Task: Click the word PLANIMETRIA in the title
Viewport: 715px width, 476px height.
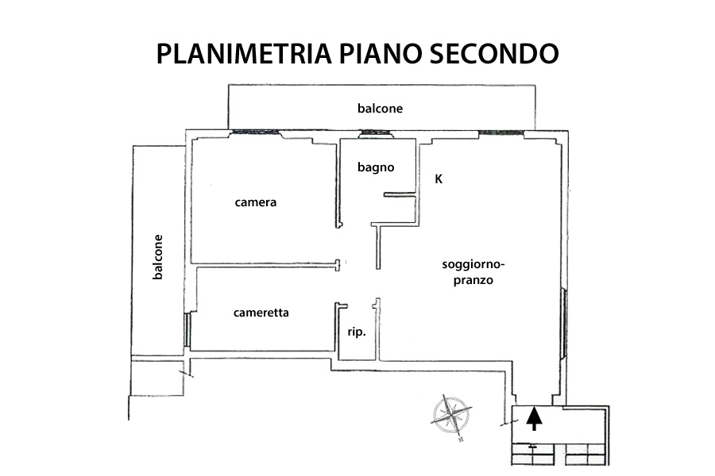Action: (x=244, y=53)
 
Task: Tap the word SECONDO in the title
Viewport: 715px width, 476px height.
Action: (x=494, y=53)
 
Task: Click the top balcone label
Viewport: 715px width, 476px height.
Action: (x=380, y=109)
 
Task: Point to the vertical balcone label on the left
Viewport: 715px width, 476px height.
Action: (x=157, y=257)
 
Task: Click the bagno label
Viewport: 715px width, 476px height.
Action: (x=376, y=167)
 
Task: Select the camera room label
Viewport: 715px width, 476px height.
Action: (x=255, y=202)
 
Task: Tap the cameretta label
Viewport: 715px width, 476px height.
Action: (x=261, y=313)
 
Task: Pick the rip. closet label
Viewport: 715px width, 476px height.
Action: (x=357, y=332)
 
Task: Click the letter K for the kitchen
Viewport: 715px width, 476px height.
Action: (x=439, y=179)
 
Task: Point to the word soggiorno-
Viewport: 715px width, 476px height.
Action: (x=473, y=265)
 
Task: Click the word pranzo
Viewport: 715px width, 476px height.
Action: (x=473, y=280)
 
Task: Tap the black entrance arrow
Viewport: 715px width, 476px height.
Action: (x=534, y=419)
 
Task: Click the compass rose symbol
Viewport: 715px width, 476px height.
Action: (x=451, y=416)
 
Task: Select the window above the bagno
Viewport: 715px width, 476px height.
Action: (x=376, y=134)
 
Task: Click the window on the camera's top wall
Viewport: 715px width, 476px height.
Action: (x=255, y=132)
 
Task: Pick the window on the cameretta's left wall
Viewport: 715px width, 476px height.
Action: (x=187, y=329)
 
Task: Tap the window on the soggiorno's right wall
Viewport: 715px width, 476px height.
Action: (x=563, y=321)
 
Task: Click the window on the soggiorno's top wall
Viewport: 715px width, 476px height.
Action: (x=501, y=132)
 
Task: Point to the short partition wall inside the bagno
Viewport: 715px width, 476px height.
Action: (x=400, y=195)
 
